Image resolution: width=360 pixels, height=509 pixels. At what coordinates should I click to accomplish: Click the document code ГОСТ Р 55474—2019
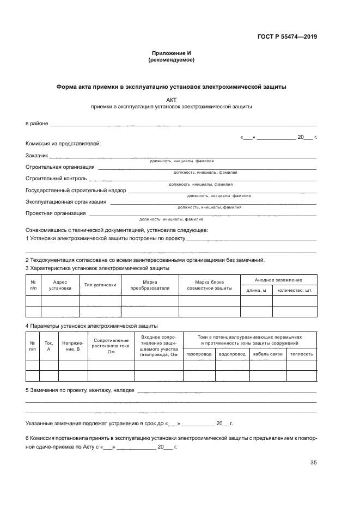287,37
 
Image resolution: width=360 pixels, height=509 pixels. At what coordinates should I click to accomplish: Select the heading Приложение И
171,53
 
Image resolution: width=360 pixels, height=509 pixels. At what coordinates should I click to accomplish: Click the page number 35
313,463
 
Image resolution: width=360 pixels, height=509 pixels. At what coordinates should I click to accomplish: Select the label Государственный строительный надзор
76,190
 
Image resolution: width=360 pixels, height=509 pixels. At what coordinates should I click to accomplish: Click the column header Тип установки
100,285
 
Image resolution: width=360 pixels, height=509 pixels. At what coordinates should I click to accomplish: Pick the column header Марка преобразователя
150,285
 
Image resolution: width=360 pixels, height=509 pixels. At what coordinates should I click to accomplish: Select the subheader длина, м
256,290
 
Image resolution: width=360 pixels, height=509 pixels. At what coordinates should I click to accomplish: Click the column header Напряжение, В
73,346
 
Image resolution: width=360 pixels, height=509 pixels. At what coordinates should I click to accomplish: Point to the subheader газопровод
199,354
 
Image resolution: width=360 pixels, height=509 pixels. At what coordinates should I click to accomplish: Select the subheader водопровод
232,354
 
